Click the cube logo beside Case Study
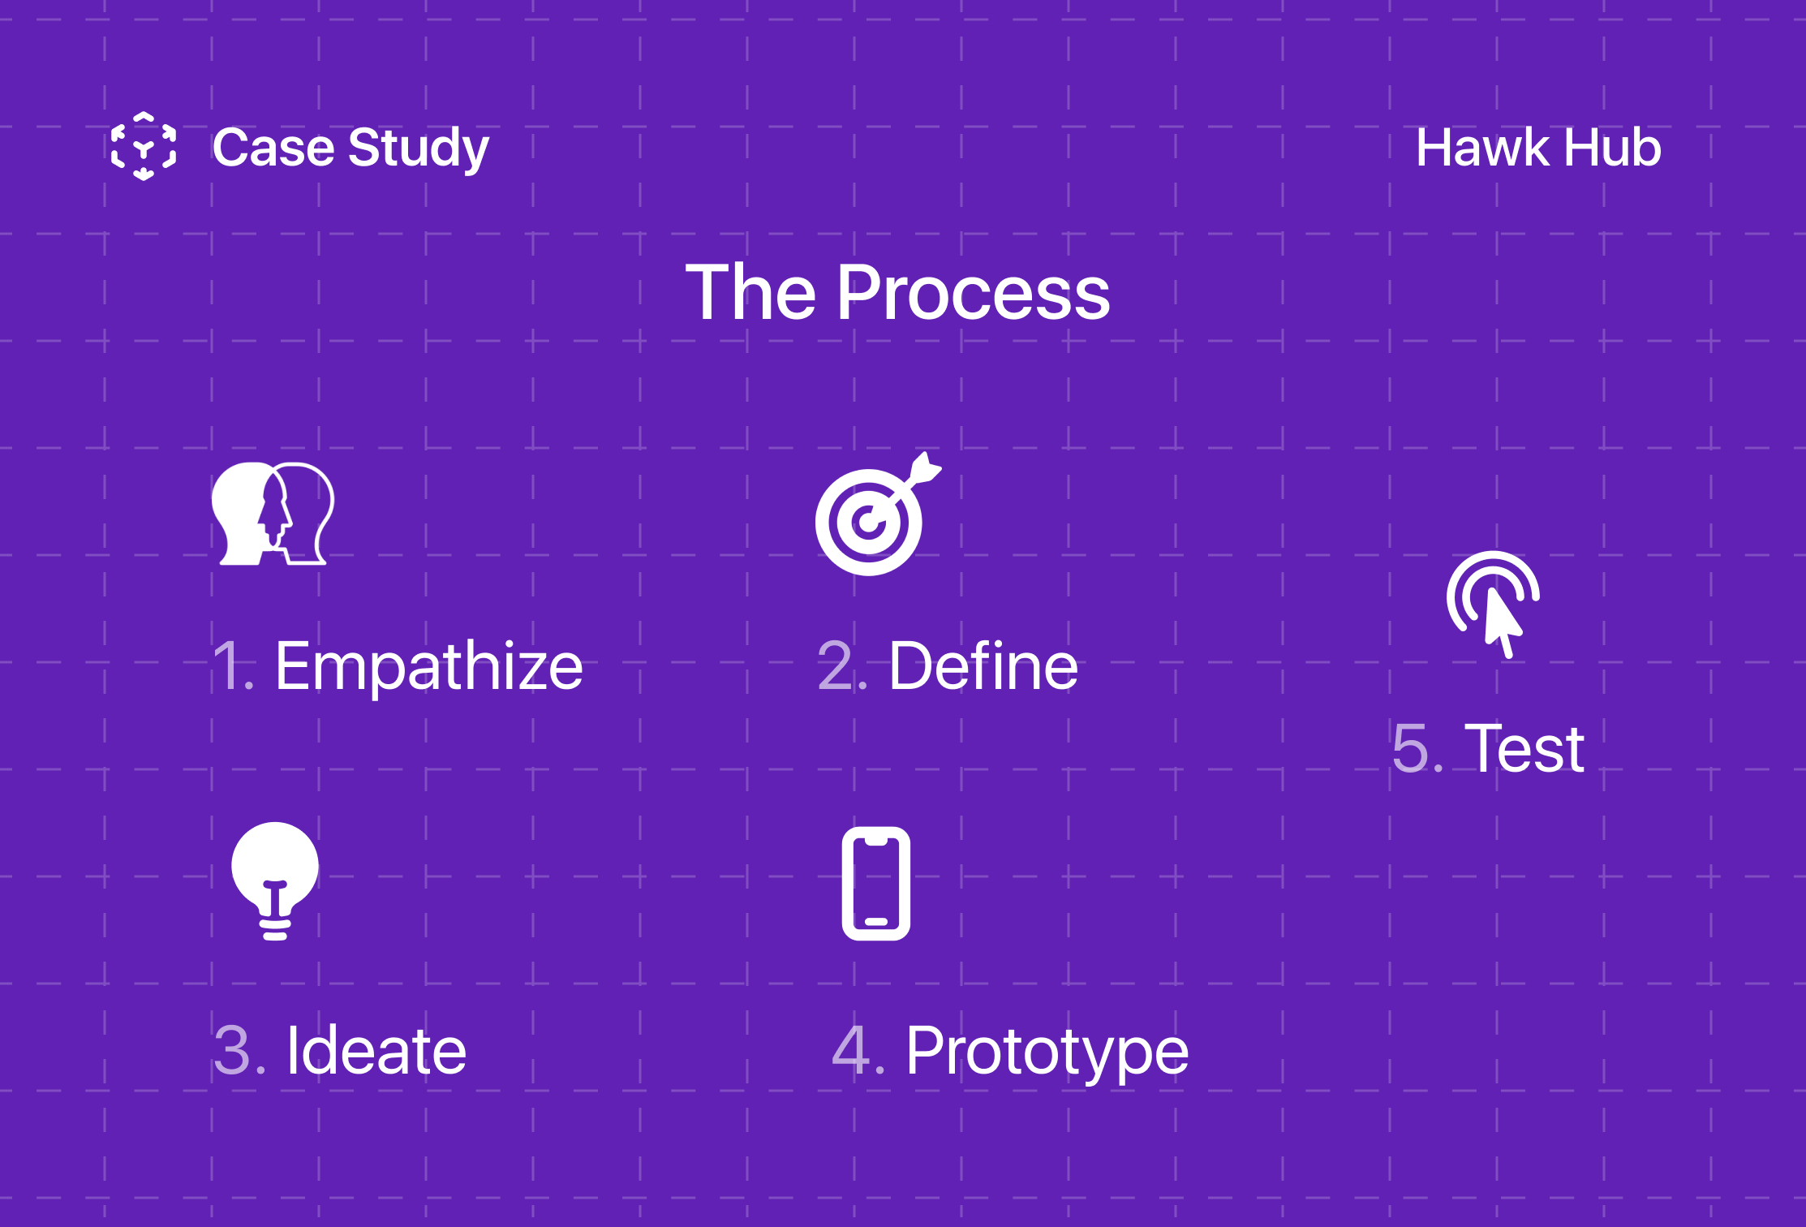[x=144, y=146]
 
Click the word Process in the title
[x=973, y=293]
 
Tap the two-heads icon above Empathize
[x=273, y=514]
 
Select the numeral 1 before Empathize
[x=226, y=666]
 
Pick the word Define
[x=983, y=666]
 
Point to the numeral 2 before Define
[x=836, y=666]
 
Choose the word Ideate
[x=376, y=1051]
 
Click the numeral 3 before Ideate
[x=233, y=1051]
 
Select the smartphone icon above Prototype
[x=876, y=884]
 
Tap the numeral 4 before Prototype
[x=852, y=1051]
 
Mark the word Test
[x=1524, y=748]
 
